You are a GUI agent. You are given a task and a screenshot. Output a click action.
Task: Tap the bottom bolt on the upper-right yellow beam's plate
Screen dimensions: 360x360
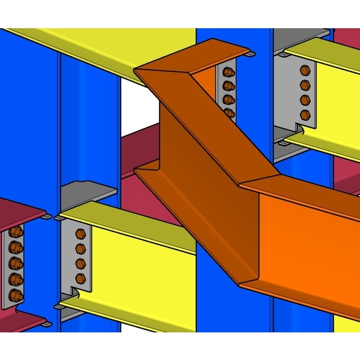click(305, 114)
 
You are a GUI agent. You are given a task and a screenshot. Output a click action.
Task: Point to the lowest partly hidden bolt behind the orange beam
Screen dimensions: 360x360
click(229, 112)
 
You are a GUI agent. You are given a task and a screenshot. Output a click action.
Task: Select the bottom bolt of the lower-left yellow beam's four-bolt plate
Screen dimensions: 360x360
click(80, 278)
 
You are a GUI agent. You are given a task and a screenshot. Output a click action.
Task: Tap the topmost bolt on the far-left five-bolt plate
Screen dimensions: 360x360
click(16, 232)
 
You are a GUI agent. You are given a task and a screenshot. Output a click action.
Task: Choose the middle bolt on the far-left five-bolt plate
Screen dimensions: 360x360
click(16, 263)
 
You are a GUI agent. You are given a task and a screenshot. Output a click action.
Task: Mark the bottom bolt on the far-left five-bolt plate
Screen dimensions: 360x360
click(16, 295)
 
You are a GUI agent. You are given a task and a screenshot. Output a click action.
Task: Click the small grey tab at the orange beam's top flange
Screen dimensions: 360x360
click(250, 55)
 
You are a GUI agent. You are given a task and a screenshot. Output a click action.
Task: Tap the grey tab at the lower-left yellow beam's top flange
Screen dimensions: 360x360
click(59, 218)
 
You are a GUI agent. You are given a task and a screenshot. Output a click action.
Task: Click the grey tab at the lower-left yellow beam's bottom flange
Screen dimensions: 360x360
click(58, 307)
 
